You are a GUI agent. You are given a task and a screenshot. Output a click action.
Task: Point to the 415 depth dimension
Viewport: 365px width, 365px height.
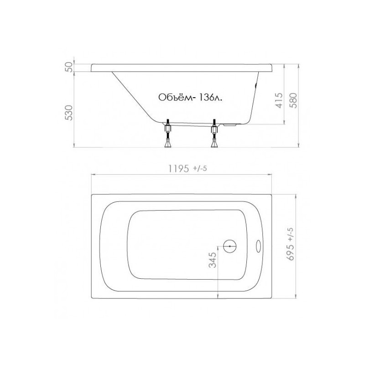point(279,99)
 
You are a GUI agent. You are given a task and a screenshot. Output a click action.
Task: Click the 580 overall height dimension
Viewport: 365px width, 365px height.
point(294,99)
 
